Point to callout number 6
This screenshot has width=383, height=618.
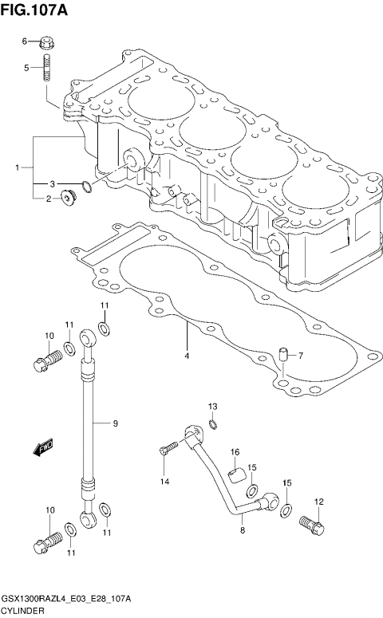coord(25,41)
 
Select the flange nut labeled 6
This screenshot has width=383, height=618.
coord(46,41)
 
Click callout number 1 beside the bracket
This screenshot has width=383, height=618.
coord(17,168)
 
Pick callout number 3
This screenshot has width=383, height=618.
coord(53,183)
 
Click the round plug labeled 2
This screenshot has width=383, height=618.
coord(67,197)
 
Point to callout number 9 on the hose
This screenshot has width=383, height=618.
coord(115,423)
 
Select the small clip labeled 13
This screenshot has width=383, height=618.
coord(213,423)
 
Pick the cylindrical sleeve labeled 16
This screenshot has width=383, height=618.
coord(235,476)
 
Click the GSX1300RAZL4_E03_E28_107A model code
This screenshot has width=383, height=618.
coord(67,598)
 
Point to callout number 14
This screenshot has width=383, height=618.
coord(164,482)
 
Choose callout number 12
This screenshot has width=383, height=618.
coord(319,502)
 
